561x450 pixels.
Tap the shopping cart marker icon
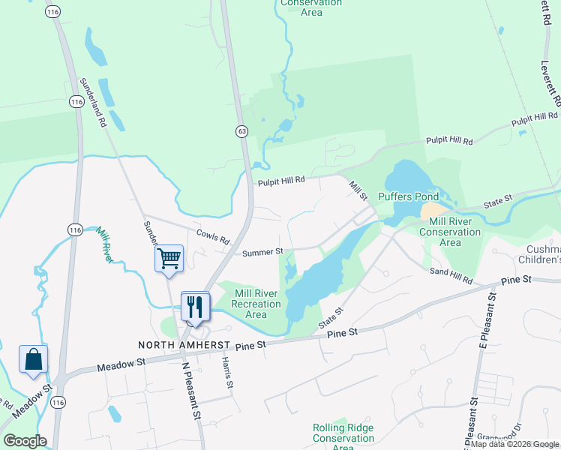pyautogui.click(x=169, y=259)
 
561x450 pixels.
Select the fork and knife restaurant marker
pyautogui.click(x=195, y=305)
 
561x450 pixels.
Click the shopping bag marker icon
pyautogui.click(x=34, y=359)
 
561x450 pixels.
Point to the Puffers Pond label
pyautogui.click(x=407, y=196)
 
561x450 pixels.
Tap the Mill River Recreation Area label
pyautogui.click(x=256, y=303)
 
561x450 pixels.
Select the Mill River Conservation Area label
pyautogui.click(x=450, y=232)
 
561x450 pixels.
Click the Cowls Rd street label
pyautogui.click(x=213, y=236)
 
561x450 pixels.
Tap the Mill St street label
pyautogui.click(x=356, y=187)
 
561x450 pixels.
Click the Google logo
pyautogui.click(x=25, y=441)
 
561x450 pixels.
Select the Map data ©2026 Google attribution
pyautogui.click(x=514, y=444)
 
